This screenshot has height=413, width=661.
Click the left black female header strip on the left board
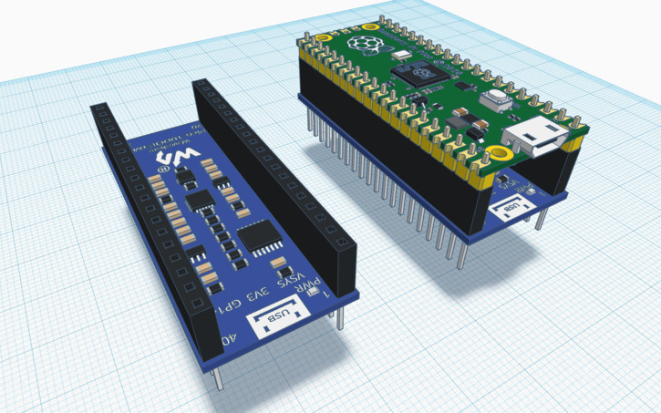click(146, 210)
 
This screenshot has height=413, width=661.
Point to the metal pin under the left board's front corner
click(215, 377)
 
